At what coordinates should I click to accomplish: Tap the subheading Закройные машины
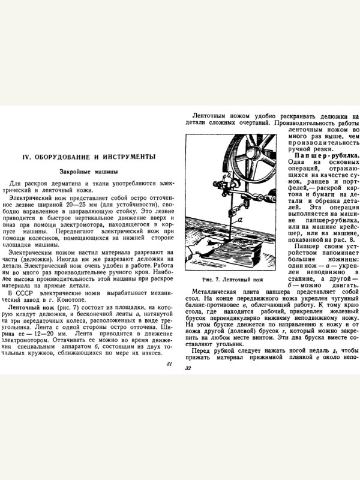[x=89, y=172]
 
